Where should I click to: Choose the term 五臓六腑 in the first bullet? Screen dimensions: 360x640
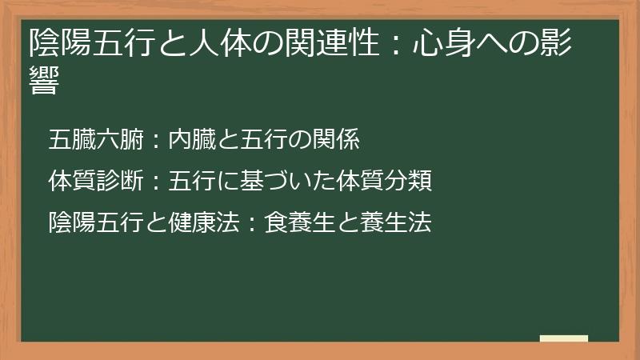(95, 139)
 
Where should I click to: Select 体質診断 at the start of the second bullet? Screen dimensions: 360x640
(95, 181)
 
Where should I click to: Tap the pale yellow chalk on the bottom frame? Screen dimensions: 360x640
(564, 338)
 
